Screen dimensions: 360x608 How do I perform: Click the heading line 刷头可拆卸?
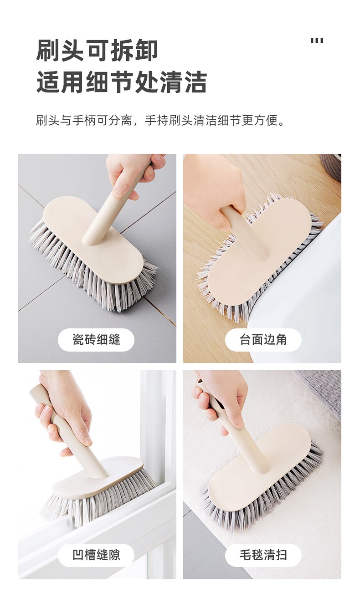click(x=97, y=50)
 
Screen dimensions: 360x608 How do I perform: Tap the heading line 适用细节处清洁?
click(x=121, y=82)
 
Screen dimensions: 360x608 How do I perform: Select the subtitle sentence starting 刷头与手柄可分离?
click(x=160, y=120)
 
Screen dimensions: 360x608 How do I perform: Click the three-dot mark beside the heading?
click(x=317, y=41)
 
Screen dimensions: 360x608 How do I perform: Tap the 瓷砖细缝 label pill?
click(x=96, y=340)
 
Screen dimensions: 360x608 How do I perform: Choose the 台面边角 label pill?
click(x=263, y=340)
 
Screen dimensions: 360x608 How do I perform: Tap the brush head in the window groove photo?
click(x=98, y=489)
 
